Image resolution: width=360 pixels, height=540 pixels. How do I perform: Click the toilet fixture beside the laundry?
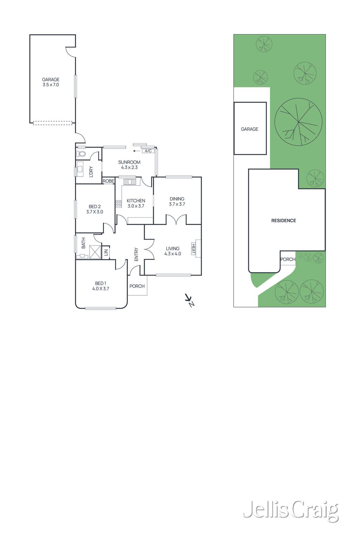pos(81,154)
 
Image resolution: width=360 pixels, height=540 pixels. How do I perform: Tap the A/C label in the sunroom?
pos(148,151)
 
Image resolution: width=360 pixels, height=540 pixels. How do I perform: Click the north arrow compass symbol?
pos(189,300)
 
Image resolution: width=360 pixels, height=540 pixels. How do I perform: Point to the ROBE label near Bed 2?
pos(108,181)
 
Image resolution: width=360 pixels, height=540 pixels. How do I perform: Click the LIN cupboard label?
pos(106,252)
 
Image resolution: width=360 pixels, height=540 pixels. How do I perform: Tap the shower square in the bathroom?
pos(95,252)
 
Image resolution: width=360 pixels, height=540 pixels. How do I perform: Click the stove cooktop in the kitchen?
pos(118,204)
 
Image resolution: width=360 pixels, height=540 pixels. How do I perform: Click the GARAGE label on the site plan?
pos(250,129)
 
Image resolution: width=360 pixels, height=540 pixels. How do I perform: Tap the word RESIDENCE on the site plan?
pos(283,220)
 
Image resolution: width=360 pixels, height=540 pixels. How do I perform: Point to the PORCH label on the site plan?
pos(288,260)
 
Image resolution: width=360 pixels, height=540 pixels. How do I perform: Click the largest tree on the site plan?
pos(298,122)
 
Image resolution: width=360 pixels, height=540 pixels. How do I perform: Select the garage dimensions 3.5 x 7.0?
pos(51,85)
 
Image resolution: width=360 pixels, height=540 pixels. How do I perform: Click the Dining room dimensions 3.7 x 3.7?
pos(177,204)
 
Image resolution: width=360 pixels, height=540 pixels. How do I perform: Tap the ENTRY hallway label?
pos(136,254)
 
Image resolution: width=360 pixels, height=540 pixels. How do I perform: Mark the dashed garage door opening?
pos(53,123)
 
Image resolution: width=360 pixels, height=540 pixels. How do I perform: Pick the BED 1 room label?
pos(101,283)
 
